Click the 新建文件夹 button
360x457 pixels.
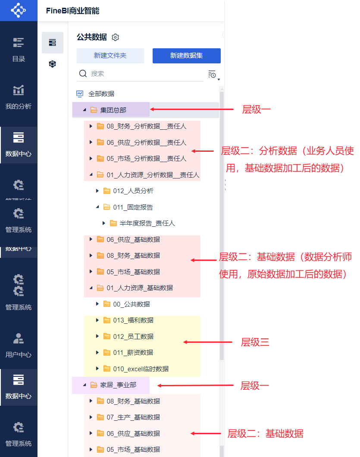point(110,56)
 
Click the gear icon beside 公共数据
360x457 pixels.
point(115,38)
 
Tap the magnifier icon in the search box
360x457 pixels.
point(83,74)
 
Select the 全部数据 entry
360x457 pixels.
point(101,94)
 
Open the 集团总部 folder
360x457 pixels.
point(113,110)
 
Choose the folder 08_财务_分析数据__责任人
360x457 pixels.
point(146,126)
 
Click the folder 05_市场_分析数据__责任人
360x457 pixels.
point(146,159)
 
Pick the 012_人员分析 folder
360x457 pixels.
point(133,191)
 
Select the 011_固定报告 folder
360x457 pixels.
point(133,207)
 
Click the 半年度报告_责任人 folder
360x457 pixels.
point(147,223)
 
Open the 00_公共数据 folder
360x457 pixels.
point(131,304)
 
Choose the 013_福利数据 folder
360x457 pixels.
point(133,320)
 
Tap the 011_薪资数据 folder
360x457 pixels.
point(133,353)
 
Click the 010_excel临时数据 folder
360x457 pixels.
point(141,369)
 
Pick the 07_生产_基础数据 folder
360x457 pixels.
point(133,417)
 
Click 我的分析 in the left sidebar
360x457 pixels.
point(19,97)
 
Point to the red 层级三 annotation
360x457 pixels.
point(255,342)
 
